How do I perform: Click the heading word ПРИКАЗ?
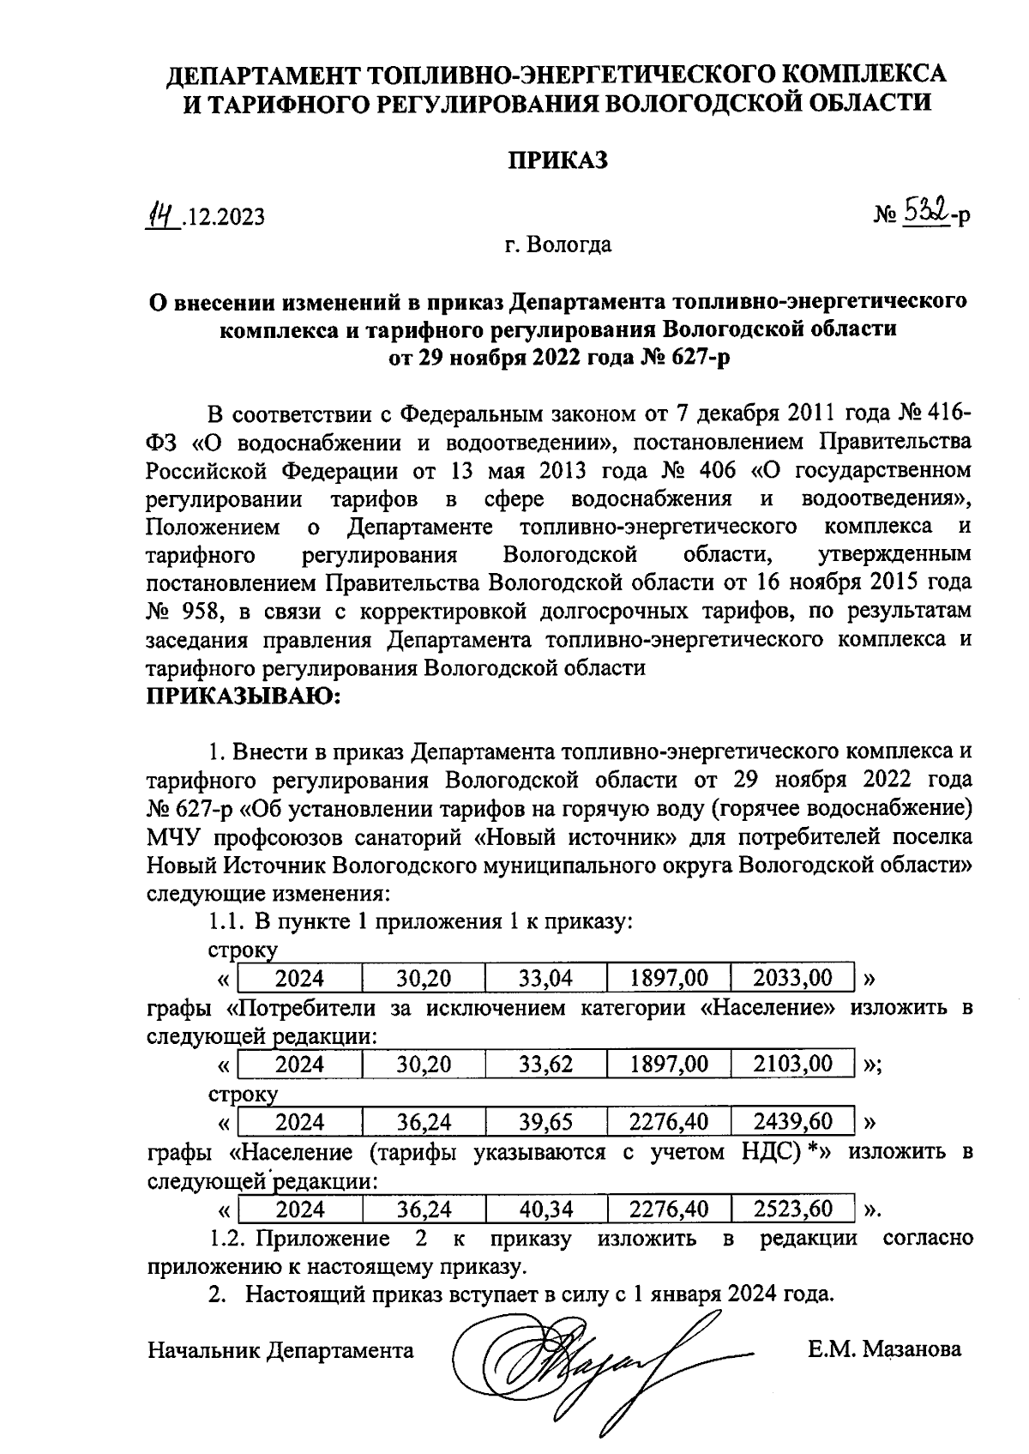558,160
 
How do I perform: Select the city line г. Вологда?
557,245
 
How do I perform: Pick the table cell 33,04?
545,978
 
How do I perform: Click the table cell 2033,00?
792,978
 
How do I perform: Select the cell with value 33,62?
545,1065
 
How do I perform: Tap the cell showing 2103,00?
792,1065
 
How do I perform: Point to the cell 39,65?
545,1122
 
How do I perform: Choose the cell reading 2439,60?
792,1122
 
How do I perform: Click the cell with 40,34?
545,1210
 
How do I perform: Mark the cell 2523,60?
792,1210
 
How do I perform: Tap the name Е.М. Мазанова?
884,1350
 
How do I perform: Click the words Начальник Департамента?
280,1350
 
